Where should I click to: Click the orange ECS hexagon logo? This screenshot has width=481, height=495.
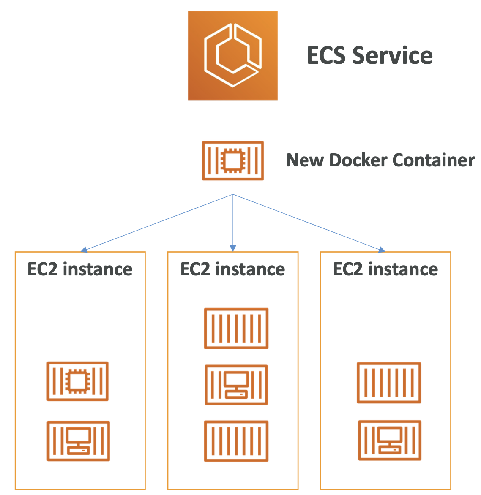click(x=232, y=55)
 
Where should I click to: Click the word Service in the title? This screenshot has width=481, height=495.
click(x=393, y=56)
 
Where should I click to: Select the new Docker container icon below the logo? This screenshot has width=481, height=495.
click(x=233, y=160)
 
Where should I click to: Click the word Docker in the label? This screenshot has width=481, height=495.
click(x=358, y=160)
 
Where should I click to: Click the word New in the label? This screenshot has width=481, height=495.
click(x=305, y=160)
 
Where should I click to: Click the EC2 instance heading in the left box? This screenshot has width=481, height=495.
click(x=80, y=269)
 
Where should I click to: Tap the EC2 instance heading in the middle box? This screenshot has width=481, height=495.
click(x=232, y=269)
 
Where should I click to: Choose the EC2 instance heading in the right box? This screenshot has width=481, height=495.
click(x=385, y=269)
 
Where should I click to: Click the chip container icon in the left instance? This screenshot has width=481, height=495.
click(x=78, y=381)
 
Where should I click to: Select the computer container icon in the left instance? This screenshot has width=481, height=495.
click(x=78, y=441)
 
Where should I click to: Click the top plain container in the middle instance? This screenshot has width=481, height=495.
click(x=236, y=328)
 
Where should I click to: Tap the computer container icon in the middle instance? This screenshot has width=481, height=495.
click(x=236, y=385)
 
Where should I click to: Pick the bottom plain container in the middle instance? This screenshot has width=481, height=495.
click(x=236, y=441)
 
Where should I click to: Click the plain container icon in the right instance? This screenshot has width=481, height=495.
click(x=389, y=382)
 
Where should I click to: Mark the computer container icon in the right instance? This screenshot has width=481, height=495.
click(x=390, y=440)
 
